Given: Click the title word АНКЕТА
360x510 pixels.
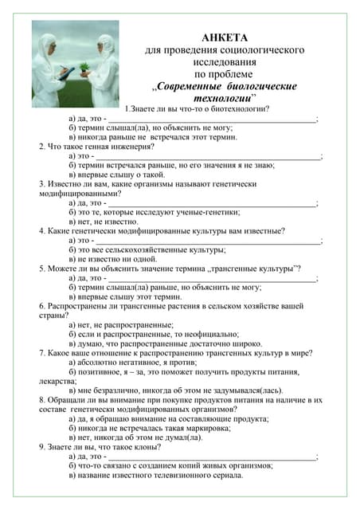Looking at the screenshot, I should [x=225, y=37].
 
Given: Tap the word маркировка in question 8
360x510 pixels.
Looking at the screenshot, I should [x=200, y=428].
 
